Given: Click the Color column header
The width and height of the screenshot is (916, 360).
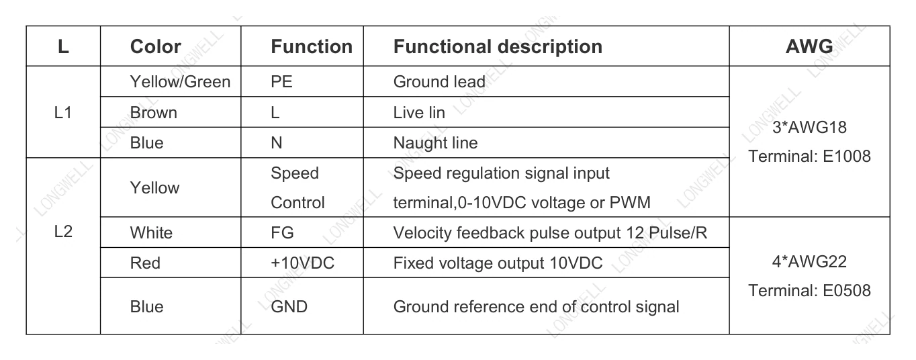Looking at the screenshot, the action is coord(155,46).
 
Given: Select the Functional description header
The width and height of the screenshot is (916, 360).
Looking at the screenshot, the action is coord(498,46).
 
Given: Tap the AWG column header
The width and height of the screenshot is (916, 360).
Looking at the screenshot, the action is coord(809,46).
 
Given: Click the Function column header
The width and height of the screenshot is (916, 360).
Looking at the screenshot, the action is coord(312,46).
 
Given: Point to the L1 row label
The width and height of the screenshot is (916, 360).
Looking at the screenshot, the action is coord(63,113).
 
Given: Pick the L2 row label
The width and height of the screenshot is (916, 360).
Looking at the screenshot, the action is coord(63,232).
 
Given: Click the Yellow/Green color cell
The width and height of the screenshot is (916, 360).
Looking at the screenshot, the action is coord(181,82).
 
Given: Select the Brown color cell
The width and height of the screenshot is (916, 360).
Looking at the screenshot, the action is coord(153,113).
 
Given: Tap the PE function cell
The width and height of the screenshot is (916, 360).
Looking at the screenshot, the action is coord(281,82).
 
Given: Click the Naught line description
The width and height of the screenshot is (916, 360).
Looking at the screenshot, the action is coord(436,143).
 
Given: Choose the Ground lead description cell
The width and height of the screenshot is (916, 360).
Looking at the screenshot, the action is coord(439,82).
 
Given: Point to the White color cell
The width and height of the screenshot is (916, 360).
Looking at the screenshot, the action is coord(151,233).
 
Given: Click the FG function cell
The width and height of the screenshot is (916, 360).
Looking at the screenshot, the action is coord(282,233).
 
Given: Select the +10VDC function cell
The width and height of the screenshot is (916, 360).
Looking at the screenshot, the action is coord(303,263).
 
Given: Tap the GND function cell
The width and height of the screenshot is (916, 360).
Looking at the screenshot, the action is coord(289,307).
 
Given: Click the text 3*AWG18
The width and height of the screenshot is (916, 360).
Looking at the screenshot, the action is coord(809,127).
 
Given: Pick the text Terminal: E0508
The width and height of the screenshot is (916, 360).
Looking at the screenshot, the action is coord(809,290).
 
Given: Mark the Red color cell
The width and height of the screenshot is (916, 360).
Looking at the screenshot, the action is coord(145,263).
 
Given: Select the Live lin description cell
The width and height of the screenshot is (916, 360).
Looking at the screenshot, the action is coord(419,113).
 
